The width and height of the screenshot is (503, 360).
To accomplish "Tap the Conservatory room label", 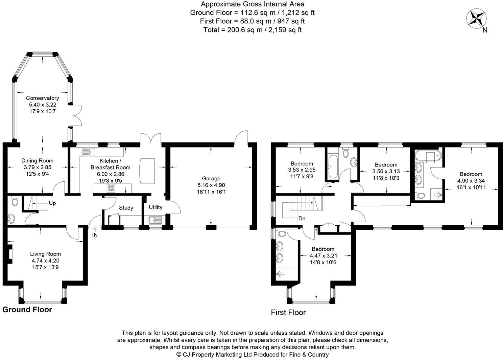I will click(x=43, y=98).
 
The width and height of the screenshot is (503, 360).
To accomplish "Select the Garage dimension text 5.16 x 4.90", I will click(x=211, y=185).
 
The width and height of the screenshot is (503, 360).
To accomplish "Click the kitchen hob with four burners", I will click(x=111, y=188).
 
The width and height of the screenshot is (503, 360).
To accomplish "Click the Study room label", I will click(x=126, y=208).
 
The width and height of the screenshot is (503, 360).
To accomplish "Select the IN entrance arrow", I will click(x=95, y=230).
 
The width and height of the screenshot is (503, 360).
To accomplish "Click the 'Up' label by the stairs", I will click(x=52, y=203).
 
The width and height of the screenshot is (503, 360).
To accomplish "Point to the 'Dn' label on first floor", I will click(x=302, y=219).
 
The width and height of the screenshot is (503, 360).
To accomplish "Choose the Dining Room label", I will click(x=37, y=161).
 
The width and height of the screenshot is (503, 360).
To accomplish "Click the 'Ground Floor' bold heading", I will click(x=27, y=310).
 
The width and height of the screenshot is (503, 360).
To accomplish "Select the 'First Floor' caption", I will click(x=288, y=312).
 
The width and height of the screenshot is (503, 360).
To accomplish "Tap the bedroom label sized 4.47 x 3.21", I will click(x=323, y=249).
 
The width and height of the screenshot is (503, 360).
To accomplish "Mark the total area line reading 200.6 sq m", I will click(x=252, y=30).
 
